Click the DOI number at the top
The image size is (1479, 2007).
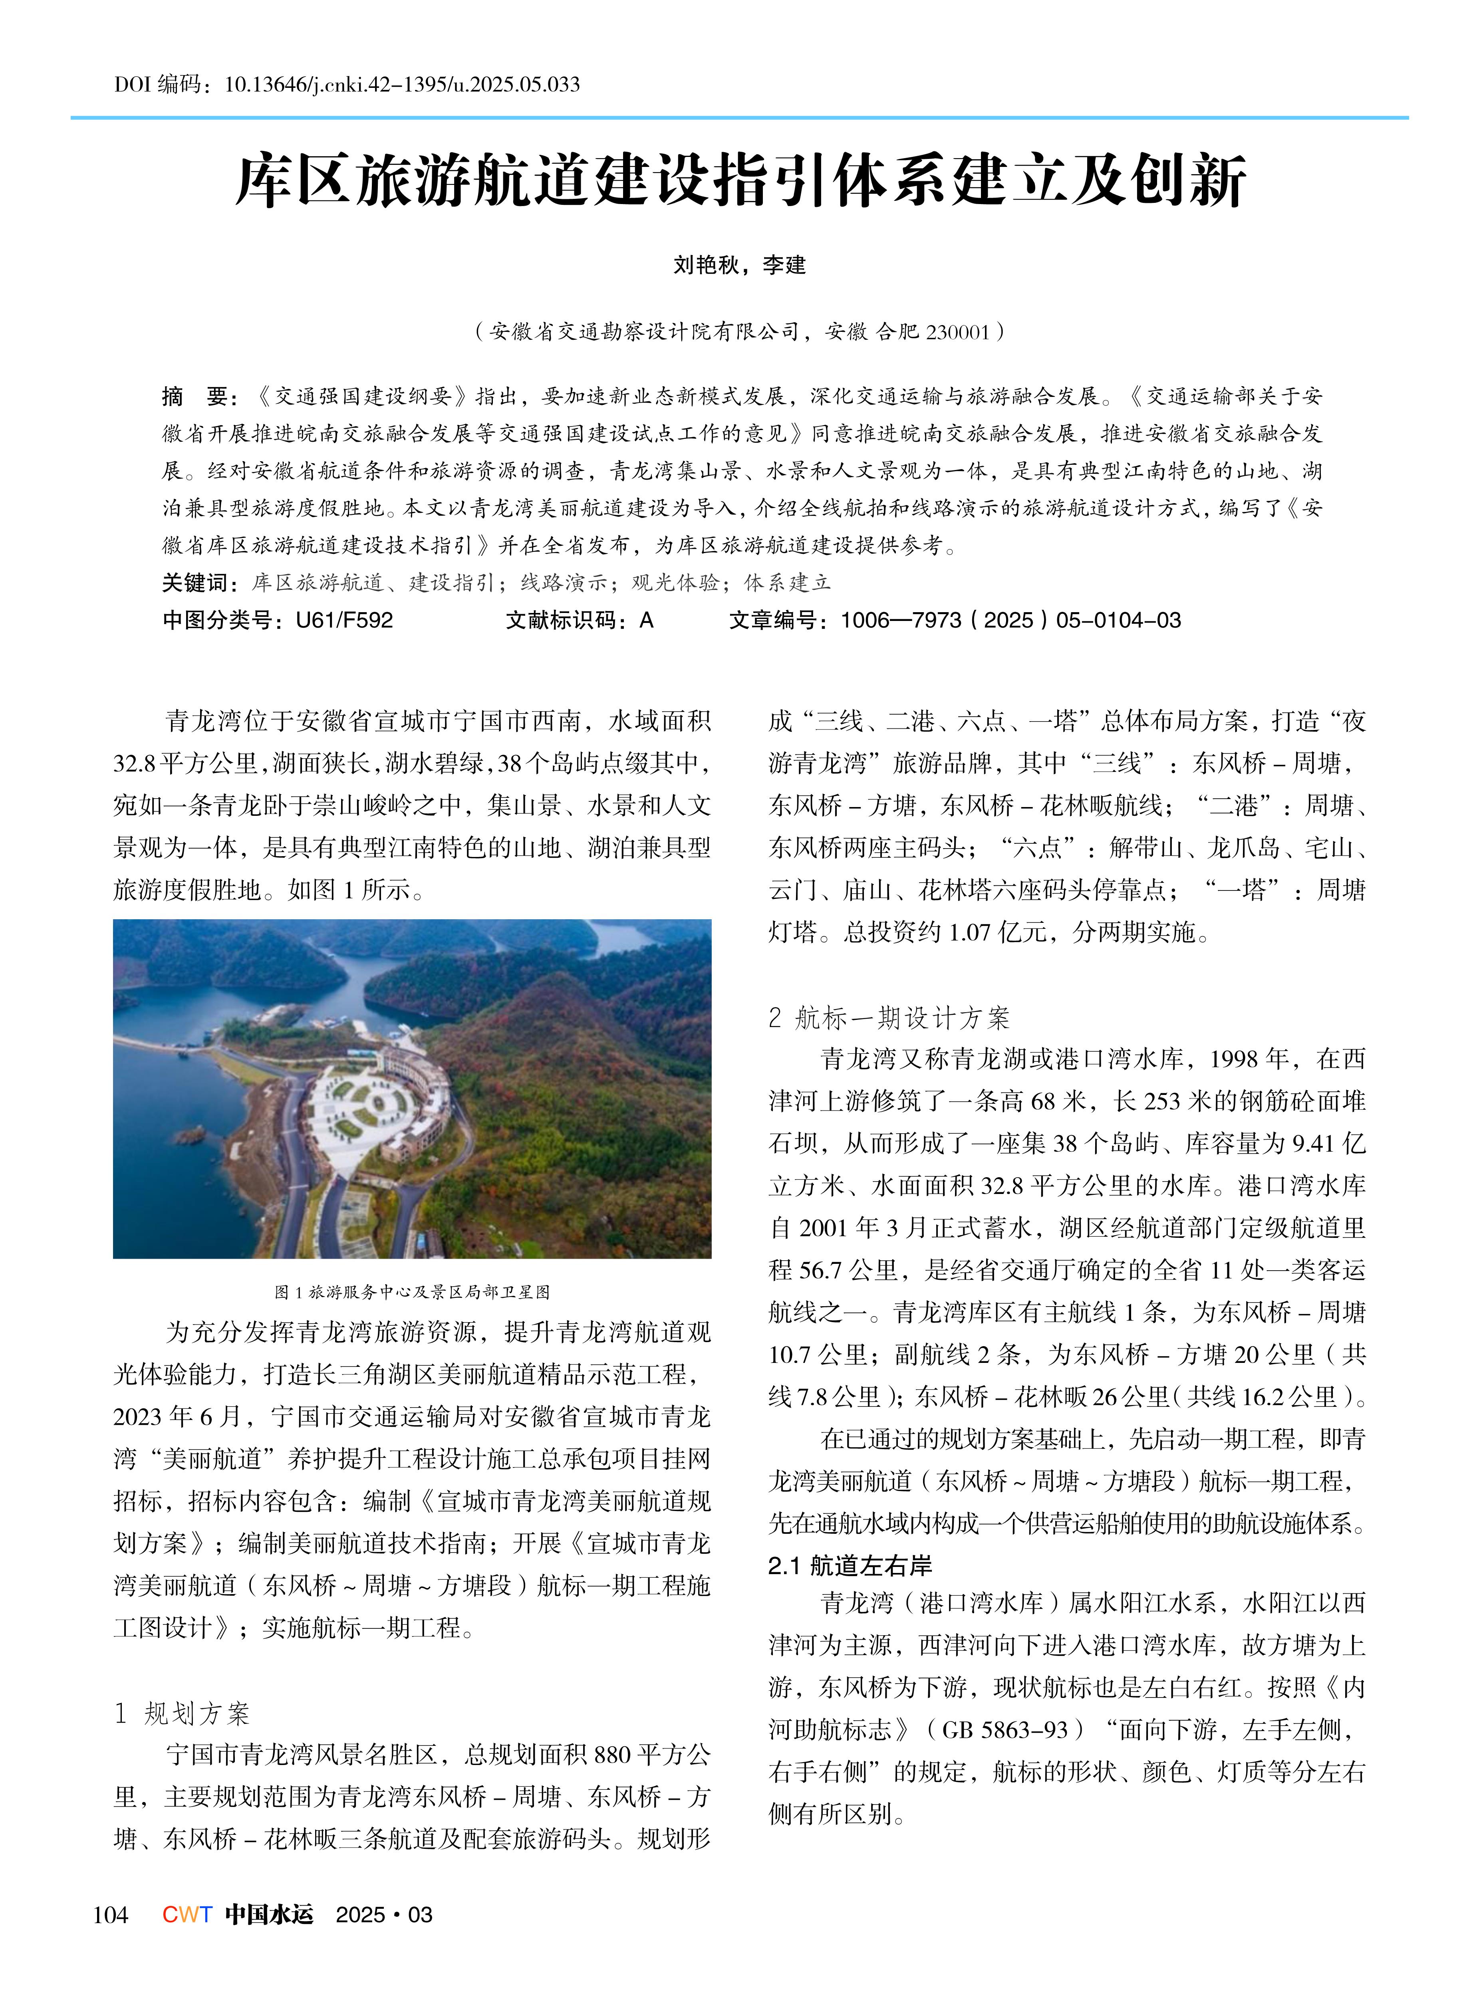[x=401, y=85]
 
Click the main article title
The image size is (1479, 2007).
[x=740, y=182]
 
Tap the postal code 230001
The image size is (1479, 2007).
[x=957, y=332]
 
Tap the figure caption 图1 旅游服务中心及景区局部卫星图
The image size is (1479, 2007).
[x=412, y=1292]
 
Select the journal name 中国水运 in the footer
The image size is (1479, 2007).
[x=268, y=1915]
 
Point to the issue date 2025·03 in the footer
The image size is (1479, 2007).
[x=383, y=1915]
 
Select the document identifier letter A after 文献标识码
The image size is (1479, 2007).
[x=646, y=621]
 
